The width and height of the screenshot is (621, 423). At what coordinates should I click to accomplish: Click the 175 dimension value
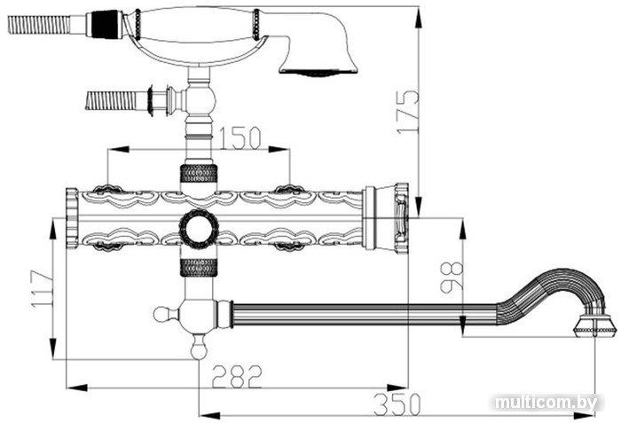coord(408,113)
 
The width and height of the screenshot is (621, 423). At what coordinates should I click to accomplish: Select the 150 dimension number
coord(240,137)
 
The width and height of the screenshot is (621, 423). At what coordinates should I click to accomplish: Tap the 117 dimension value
coord(43,289)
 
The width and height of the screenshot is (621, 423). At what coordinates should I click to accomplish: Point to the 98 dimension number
coord(452,278)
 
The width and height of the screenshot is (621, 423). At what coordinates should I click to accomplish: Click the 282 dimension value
coord(237,377)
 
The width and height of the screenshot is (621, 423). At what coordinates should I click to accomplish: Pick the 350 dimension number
coord(397,404)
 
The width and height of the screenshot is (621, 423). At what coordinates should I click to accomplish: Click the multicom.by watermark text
coord(546,403)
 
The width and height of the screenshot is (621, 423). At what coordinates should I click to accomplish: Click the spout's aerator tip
coord(595,326)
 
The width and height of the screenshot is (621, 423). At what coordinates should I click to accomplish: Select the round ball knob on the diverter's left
coord(161,315)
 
